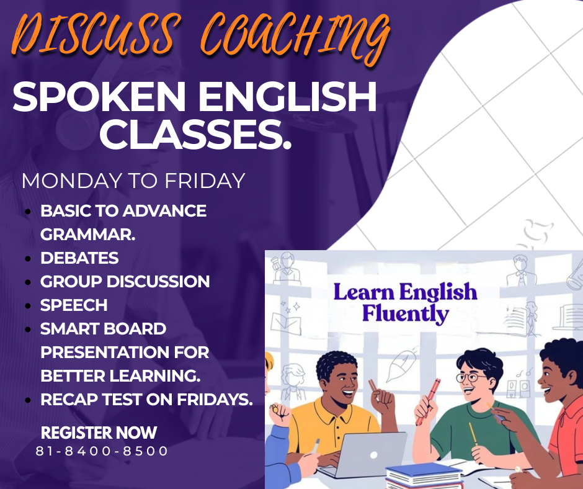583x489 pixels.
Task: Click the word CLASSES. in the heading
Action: click(195, 135)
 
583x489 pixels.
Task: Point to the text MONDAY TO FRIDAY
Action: click(133, 181)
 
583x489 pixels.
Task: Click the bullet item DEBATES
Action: click(79, 258)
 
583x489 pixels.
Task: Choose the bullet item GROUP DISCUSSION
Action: click(125, 282)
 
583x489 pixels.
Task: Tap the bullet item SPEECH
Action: click(74, 305)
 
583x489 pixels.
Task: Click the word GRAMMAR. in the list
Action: click(88, 235)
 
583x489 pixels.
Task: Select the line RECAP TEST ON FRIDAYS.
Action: click(146, 400)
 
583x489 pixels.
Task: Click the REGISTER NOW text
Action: click(99, 433)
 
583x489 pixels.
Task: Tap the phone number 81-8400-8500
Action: click(102, 451)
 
